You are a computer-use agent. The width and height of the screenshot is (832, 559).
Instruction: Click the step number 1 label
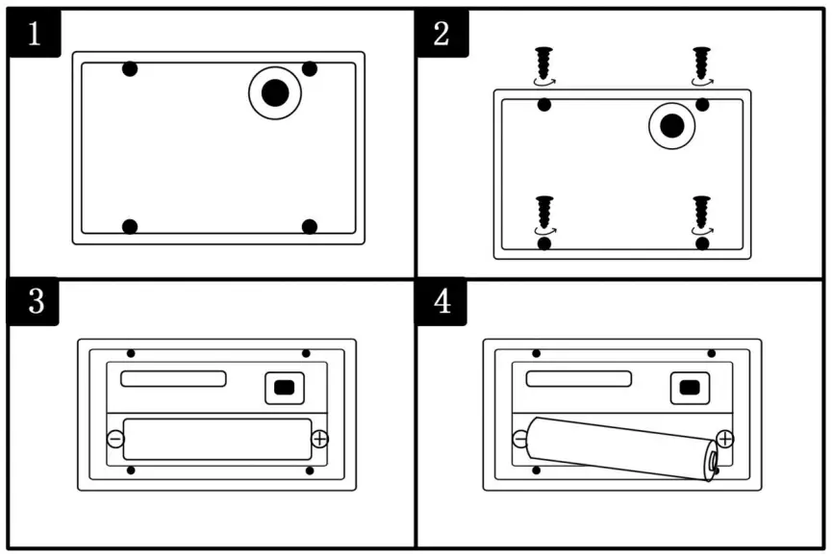[35, 34]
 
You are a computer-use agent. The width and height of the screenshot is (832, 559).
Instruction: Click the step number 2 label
[441, 34]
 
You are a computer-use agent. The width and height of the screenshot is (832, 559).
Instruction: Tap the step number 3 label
[35, 301]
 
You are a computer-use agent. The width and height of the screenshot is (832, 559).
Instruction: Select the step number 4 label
[441, 301]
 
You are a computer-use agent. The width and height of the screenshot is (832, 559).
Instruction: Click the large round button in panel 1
[275, 92]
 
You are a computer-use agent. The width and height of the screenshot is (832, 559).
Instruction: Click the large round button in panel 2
[672, 125]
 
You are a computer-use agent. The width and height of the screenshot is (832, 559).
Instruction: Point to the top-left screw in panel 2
[544, 64]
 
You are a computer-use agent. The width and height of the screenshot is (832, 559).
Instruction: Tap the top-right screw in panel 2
[702, 64]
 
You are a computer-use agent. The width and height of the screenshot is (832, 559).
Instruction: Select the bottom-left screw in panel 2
[544, 213]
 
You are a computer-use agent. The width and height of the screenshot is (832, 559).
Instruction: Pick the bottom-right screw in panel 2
[702, 213]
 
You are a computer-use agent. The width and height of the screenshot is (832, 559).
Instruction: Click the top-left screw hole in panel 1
[130, 69]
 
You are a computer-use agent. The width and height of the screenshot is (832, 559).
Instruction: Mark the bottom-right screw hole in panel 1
[309, 227]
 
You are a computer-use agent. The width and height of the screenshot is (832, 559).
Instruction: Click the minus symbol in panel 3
[115, 439]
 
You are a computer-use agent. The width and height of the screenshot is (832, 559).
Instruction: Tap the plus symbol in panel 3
[320, 439]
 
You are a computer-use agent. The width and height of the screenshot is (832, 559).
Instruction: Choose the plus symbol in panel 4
[725, 439]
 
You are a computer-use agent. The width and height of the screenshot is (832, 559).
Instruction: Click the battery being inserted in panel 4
[620, 447]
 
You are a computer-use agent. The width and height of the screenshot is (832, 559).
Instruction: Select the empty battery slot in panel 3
[217, 439]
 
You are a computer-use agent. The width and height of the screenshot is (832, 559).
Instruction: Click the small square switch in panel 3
[283, 388]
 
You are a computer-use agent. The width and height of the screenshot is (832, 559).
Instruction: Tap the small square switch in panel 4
[689, 388]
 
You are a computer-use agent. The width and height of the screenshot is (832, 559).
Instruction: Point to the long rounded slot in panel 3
[173, 378]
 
